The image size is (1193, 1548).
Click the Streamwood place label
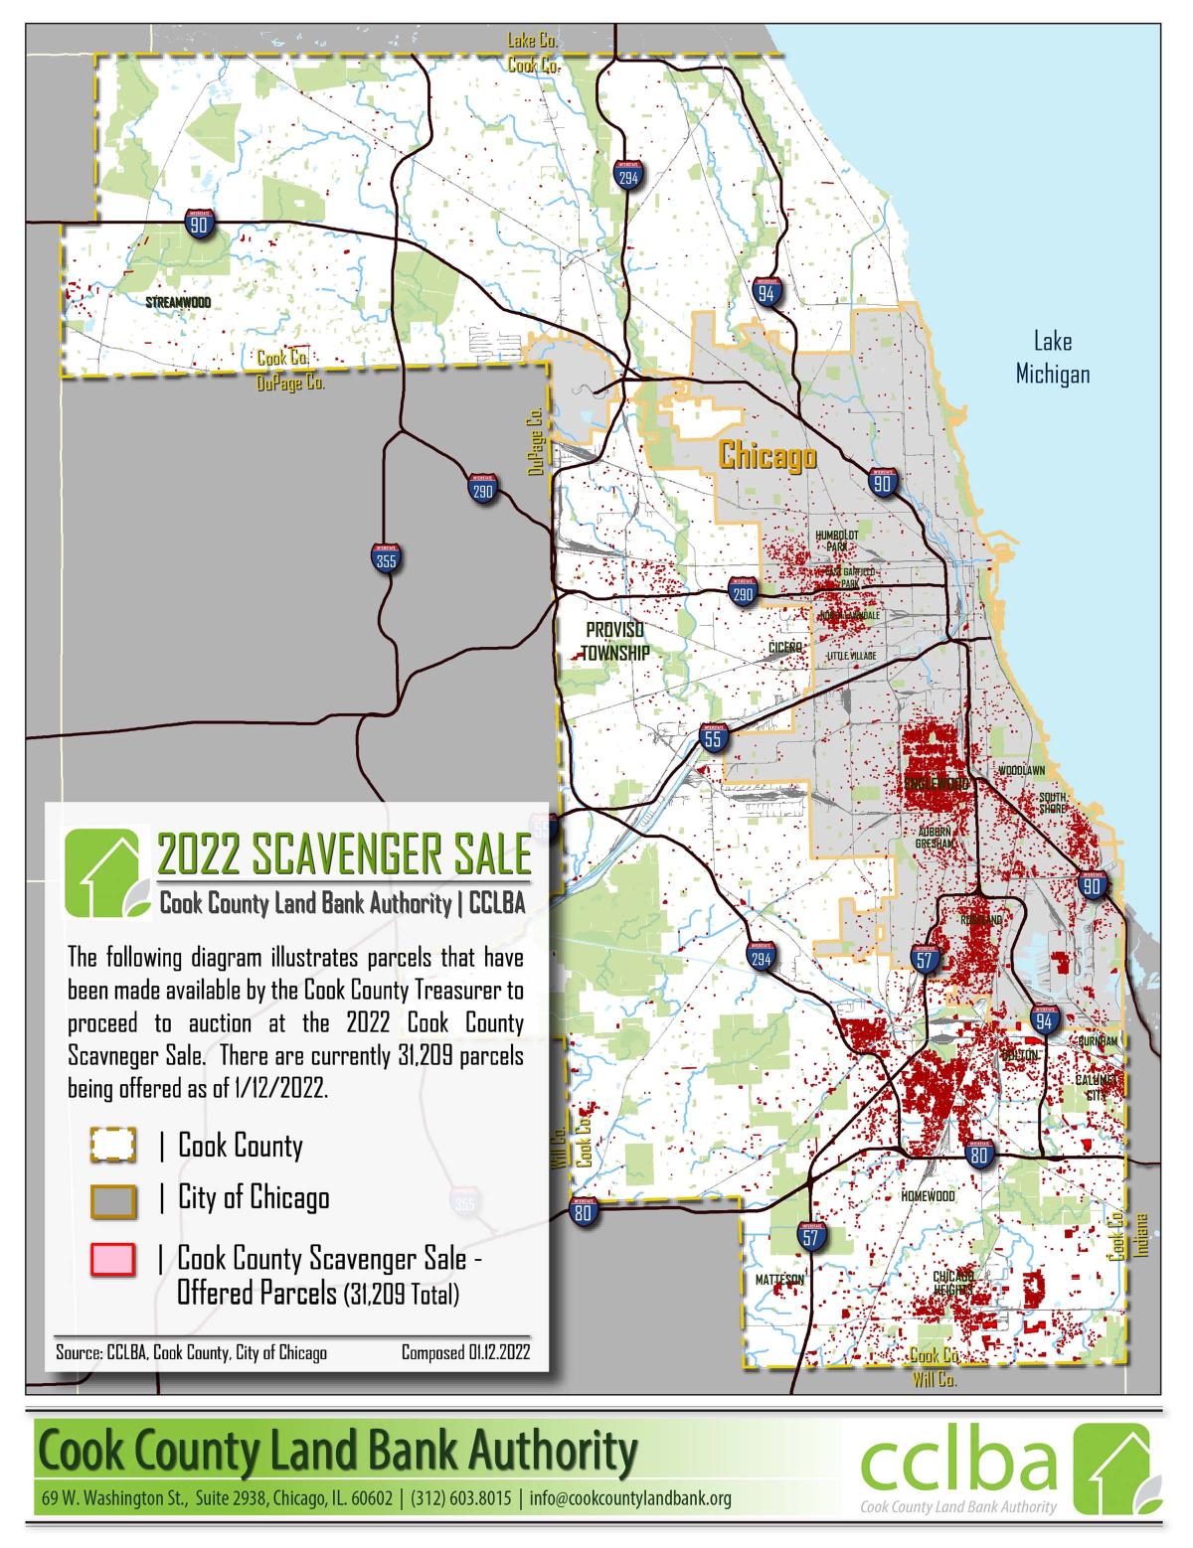[178, 301]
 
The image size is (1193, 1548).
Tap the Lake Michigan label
[1052, 358]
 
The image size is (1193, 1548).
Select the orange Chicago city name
[767, 456]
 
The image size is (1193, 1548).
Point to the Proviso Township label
[615, 642]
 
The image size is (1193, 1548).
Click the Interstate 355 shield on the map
[386, 559]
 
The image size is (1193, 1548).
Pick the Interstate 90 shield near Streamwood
[199, 226]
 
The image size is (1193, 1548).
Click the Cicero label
[784, 648]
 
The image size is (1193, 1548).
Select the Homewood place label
[928, 1196]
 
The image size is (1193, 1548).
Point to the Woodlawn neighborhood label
[1021, 770]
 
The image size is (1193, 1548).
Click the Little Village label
[852, 657]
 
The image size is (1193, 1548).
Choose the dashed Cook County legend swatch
[112, 1146]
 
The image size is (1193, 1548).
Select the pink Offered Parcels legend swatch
[112, 1260]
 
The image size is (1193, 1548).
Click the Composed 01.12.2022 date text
[465, 1352]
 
